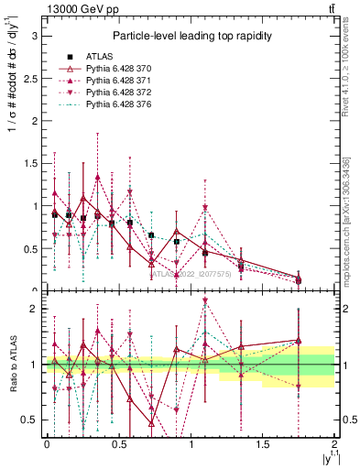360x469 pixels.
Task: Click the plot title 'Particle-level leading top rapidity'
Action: pos(188,36)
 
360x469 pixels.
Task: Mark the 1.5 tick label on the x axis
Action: pos(263,443)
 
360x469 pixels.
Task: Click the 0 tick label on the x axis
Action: pos(47,443)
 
